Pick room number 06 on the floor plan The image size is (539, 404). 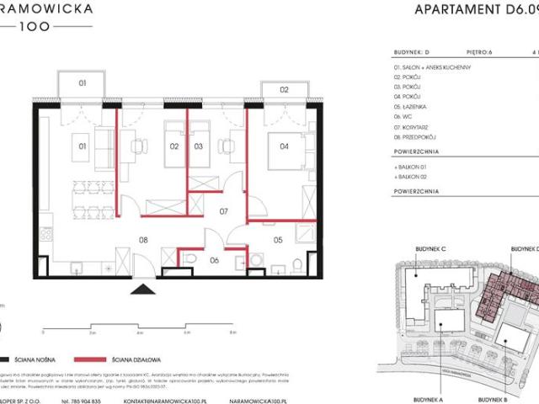pyautogui.click(x=215, y=261)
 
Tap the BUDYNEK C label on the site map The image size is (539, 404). pyautogui.click(x=430, y=249)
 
